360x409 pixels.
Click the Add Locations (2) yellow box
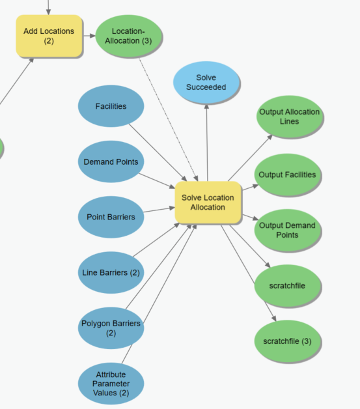(49, 36)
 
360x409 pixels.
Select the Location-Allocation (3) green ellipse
(128, 36)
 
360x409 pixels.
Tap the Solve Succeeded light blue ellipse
(206, 83)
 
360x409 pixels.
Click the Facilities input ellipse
(111, 106)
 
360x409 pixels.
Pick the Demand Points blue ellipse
(111, 162)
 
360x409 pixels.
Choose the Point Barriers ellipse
(111, 217)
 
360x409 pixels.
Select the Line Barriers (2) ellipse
(111, 273)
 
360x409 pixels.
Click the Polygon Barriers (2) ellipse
(111, 328)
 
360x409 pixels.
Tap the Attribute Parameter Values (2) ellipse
(111, 384)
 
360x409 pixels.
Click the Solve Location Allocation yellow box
(208, 203)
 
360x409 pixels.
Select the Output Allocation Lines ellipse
(289, 117)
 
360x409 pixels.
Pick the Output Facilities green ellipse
(287, 175)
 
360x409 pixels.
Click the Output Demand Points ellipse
(287, 231)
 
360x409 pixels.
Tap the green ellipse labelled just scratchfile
(287, 286)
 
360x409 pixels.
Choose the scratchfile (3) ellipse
(287, 341)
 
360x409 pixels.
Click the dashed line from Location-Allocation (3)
(169, 120)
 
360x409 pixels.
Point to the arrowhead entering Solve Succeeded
(206, 106)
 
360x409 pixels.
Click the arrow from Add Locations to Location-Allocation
(89, 36)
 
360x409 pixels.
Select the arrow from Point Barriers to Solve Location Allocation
(159, 210)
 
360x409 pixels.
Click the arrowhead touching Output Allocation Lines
(270, 137)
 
